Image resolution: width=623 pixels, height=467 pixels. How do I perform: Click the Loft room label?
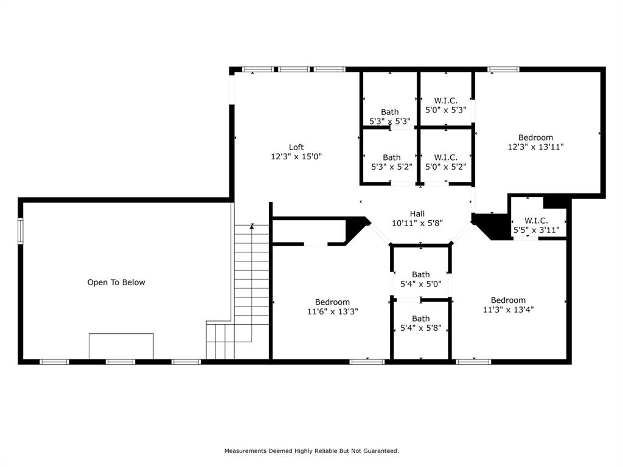coord(296,147)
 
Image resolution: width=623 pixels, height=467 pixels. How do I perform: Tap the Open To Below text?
coord(116,282)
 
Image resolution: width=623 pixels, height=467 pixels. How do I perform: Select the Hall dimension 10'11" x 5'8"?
coord(417,223)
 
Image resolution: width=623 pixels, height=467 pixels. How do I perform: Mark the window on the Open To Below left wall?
coord(20,231)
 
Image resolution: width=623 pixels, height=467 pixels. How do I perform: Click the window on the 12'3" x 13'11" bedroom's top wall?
coord(503,69)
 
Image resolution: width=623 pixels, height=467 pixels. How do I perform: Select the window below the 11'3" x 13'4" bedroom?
coord(473,362)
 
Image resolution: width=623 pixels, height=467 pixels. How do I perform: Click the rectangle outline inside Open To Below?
coord(121,346)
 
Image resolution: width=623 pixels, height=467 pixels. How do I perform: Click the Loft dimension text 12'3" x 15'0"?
coord(296,156)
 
